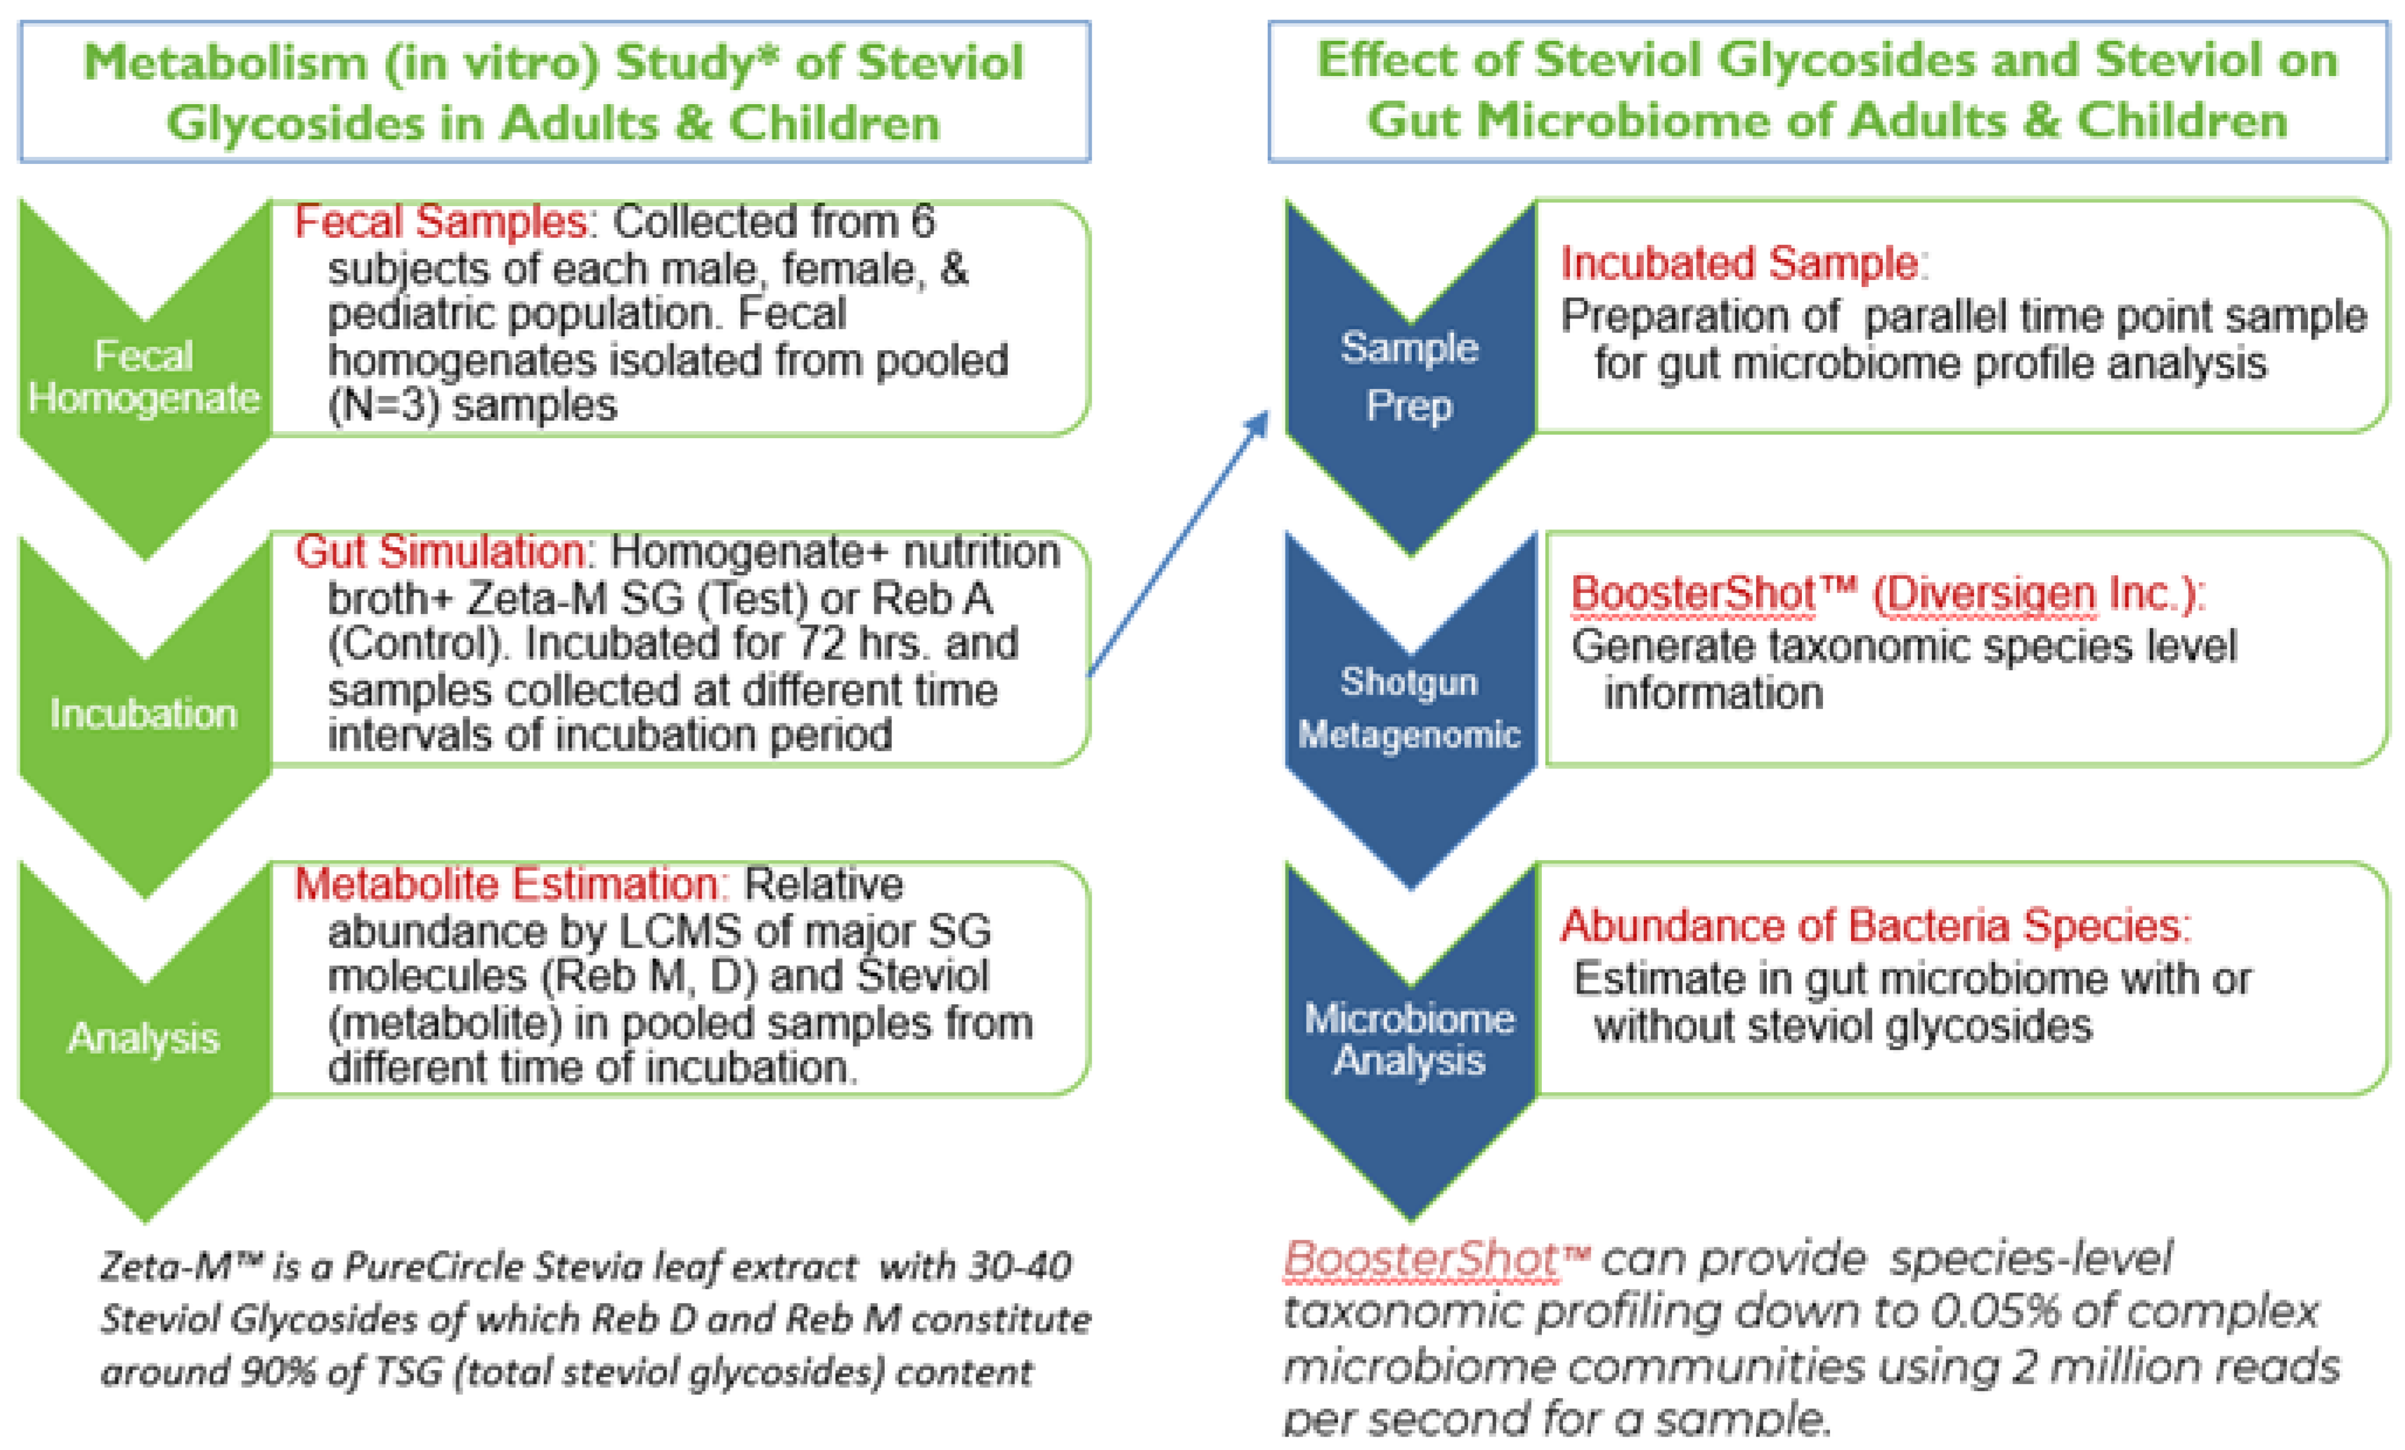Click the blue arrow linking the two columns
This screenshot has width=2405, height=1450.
point(1178,544)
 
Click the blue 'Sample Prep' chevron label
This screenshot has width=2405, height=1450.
point(1408,376)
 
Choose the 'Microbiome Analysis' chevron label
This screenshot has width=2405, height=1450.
point(1408,1039)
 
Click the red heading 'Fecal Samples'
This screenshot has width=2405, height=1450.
point(440,222)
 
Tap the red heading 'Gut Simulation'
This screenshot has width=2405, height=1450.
point(440,552)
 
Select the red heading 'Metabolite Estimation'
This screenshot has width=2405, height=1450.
point(510,884)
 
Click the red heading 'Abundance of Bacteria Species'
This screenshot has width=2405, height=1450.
point(1874,925)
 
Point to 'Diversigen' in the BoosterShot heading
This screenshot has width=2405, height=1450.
point(1985,594)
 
